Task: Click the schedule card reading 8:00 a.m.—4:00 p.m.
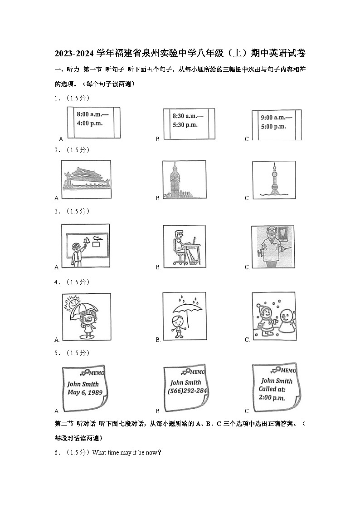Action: (93, 122)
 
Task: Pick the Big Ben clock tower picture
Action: (175, 181)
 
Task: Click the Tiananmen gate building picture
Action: (86, 180)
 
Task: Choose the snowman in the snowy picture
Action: (286, 320)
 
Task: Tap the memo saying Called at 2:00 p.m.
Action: (275, 388)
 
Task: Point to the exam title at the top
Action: (180, 54)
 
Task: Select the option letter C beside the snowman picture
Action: (248, 340)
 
